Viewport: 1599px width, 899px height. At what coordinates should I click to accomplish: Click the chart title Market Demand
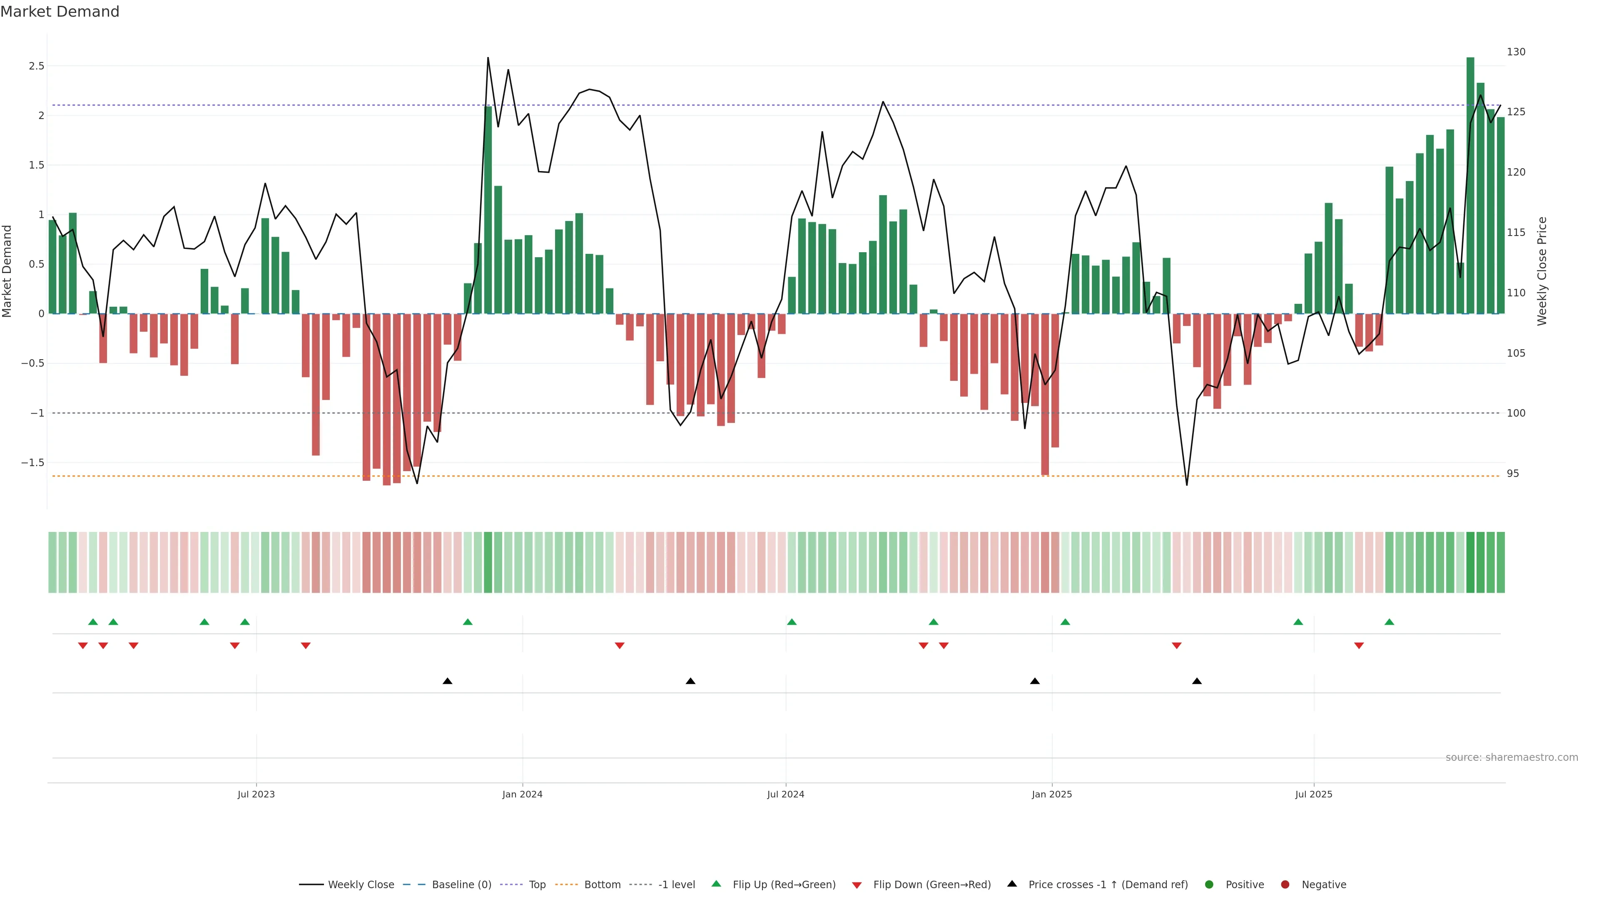click(x=60, y=12)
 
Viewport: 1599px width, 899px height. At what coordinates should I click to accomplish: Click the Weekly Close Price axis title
click(x=1542, y=271)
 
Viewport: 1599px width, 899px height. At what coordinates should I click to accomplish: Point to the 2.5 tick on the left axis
click(x=37, y=66)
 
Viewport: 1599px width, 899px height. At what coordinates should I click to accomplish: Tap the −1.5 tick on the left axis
click(x=33, y=463)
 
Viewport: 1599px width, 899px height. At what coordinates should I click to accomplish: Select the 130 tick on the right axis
click(x=1516, y=52)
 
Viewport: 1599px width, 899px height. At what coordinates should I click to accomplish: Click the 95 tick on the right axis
click(x=1513, y=473)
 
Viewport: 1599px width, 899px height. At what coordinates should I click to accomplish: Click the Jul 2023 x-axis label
click(x=256, y=794)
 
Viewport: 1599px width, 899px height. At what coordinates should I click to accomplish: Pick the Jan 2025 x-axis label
click(x=1051, y=794)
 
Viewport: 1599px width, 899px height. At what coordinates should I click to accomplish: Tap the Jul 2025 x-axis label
click(x=1313, y=794)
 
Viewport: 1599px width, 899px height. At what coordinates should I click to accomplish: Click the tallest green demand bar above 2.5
click(x=1470, y=186)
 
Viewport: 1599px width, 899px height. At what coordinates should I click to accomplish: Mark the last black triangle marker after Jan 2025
click(x=1197, y=681)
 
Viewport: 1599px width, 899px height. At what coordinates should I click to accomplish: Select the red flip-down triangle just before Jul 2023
click(x=234, y=646)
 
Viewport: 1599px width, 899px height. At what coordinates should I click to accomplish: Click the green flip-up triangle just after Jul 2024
click(x=792, y=622)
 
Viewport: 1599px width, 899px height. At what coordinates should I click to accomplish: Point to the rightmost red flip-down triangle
click(x=1359, y=646)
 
